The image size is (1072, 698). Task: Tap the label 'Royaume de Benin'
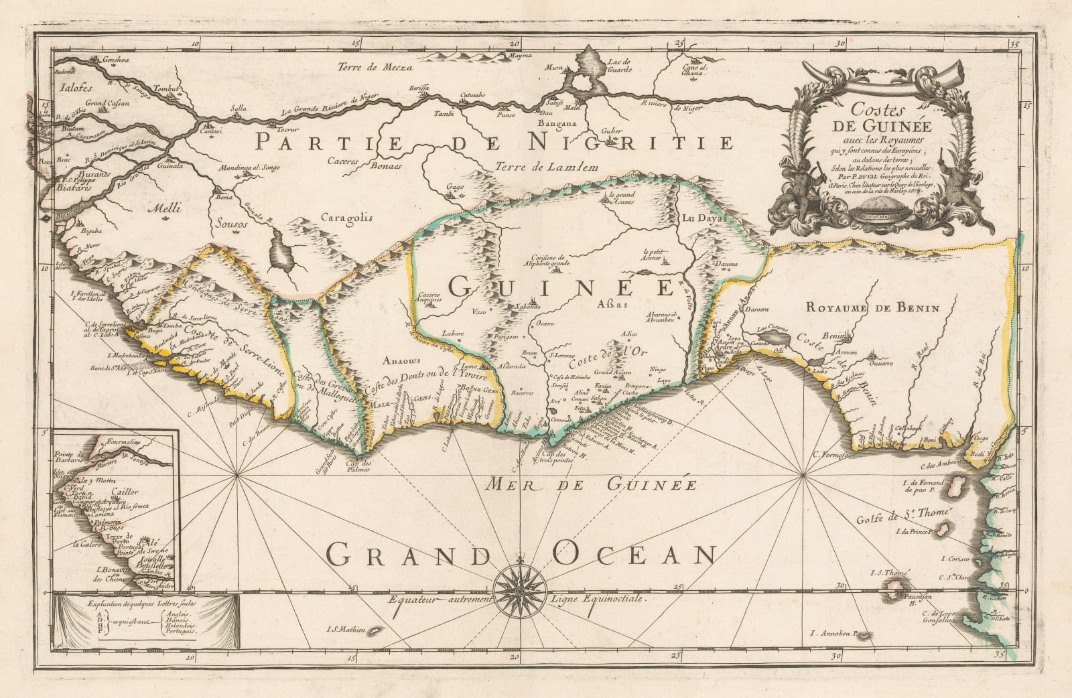click(x=874, y=308)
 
